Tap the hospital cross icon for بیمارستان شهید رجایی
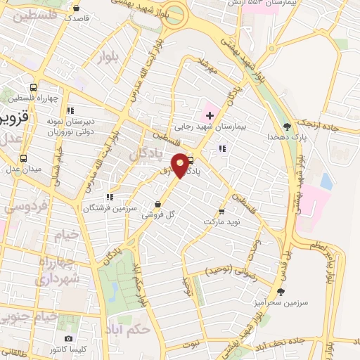pos(210,115)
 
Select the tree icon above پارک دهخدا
pos(286,127)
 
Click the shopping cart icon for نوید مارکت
pos(222,210)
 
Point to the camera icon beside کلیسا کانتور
pos(68,339)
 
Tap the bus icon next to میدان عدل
pos(24,158)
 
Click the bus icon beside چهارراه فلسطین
pos(34,88)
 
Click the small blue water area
pos(326,181)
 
